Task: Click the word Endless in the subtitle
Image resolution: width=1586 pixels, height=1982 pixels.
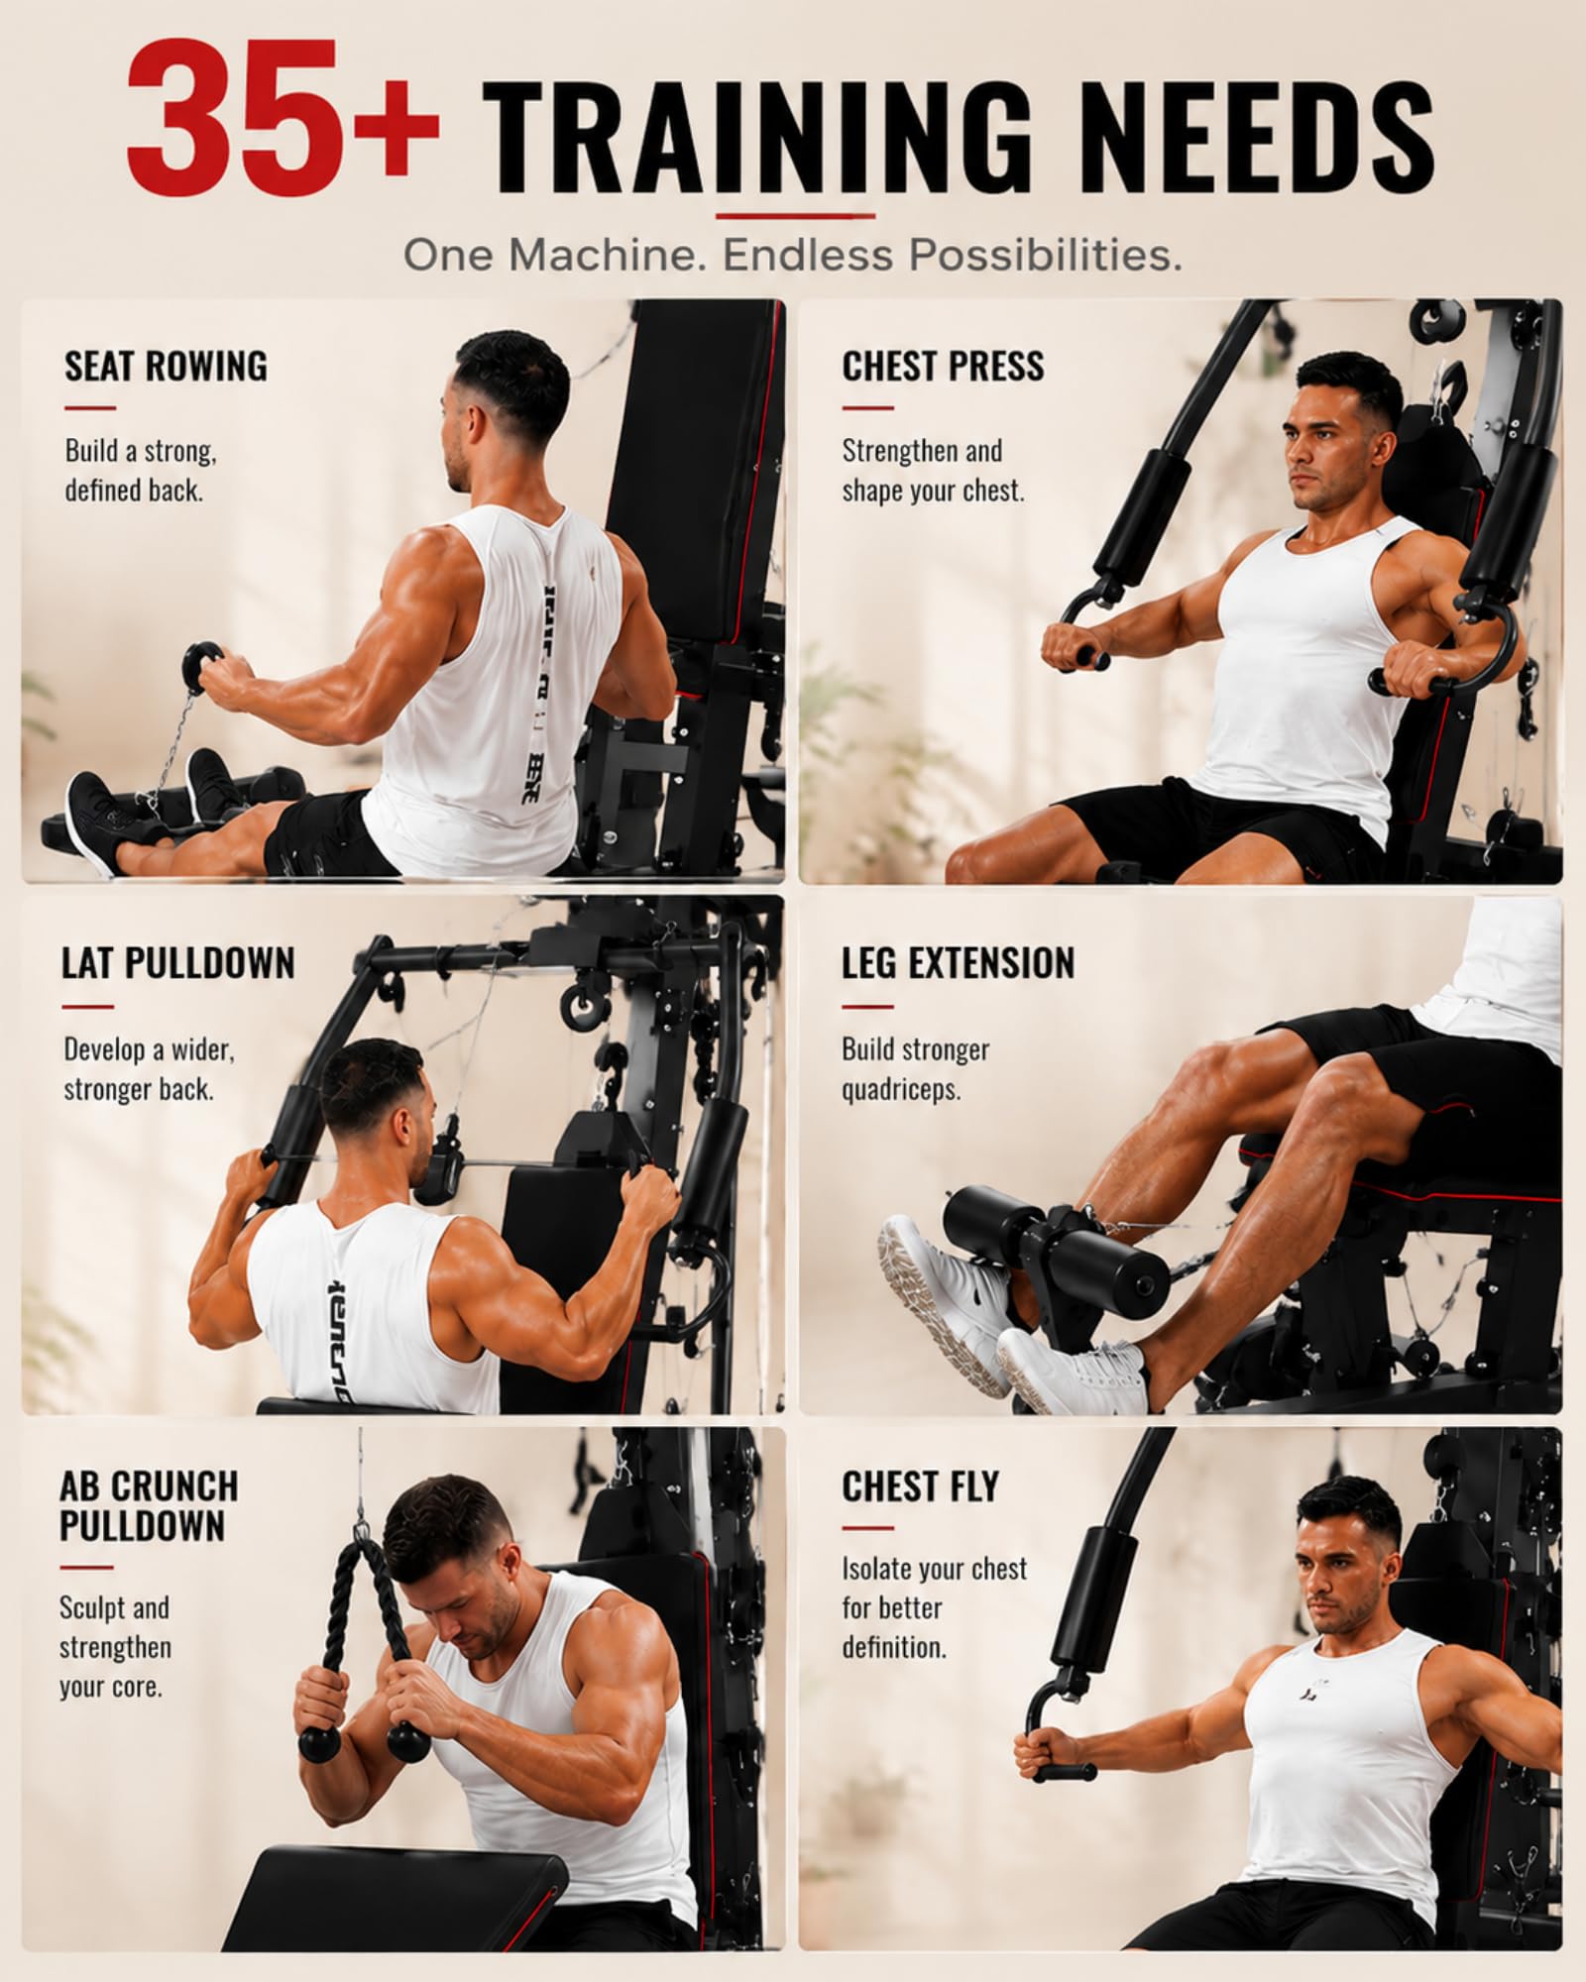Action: click(x=806, y=256)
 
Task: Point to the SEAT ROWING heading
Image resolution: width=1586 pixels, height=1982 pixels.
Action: click(x=166, y=366)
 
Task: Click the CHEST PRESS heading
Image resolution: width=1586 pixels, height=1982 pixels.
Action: click(x=943, y=366)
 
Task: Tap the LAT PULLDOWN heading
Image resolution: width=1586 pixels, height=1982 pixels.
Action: click(x=178, y=963)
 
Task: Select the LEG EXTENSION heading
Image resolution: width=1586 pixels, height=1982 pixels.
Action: click(x=958, y=963)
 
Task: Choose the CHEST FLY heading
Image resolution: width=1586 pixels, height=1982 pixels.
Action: click(x=920, y=1486)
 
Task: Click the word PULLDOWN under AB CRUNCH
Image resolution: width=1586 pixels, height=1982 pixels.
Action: click(x=142, y=1526)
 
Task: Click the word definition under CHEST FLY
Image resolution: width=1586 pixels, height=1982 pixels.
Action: click(x=894, y=1648)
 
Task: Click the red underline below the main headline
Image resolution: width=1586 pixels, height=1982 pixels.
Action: click(x=795, y=215)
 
